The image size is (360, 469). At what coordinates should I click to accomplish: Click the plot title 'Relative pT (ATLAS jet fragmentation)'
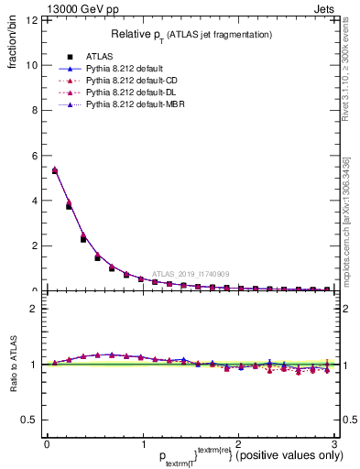pos(191,34)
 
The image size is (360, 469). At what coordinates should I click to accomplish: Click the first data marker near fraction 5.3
pos(55,170)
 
